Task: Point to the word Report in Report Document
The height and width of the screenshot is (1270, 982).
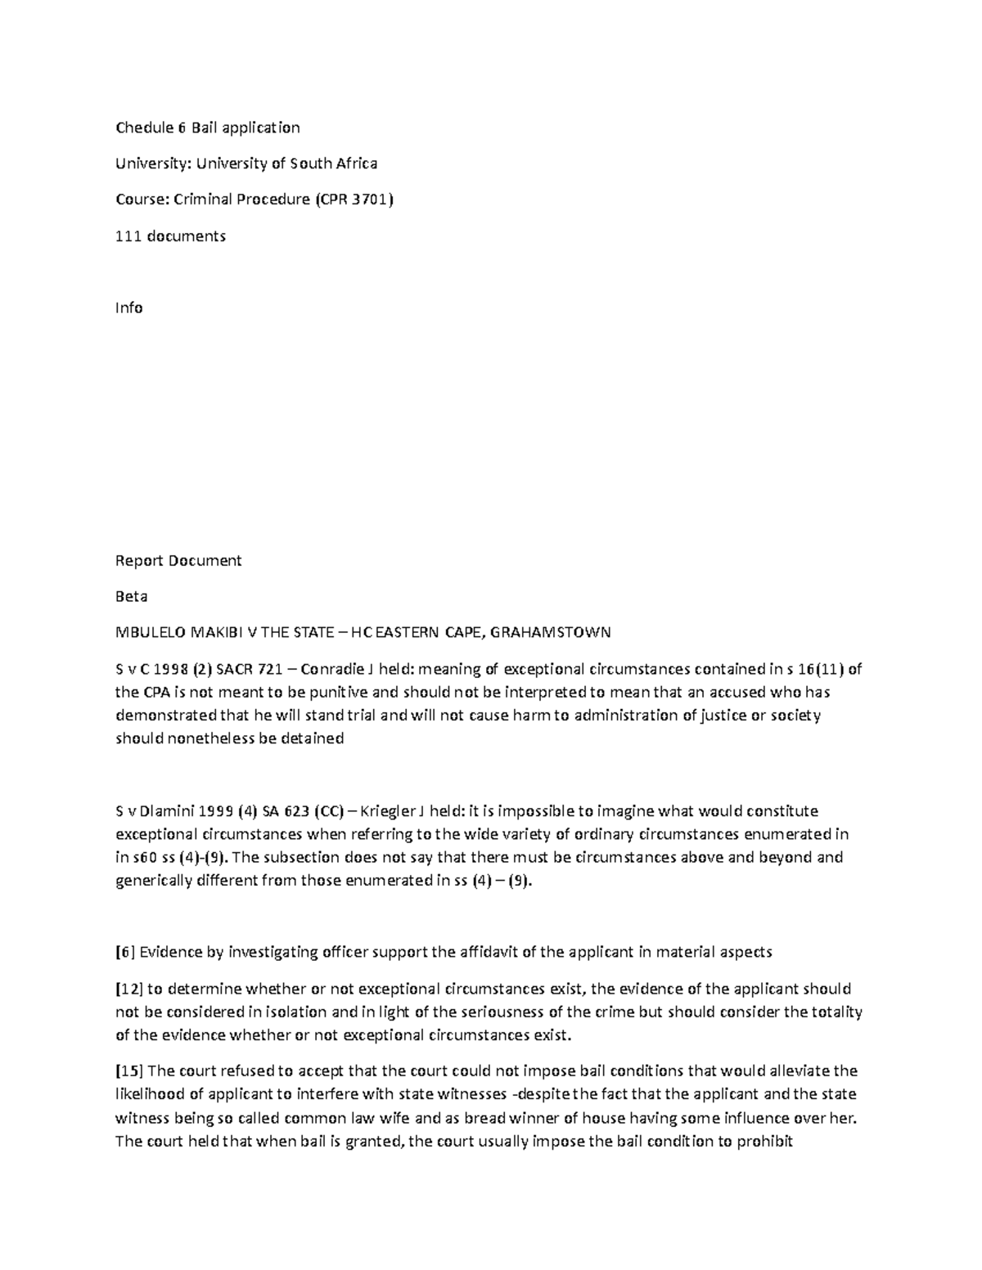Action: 140,561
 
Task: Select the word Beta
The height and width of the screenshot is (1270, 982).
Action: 131,597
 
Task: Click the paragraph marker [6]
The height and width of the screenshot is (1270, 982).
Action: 124,953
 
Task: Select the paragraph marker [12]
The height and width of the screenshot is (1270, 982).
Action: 127,989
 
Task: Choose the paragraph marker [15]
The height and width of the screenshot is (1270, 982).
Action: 127,1071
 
